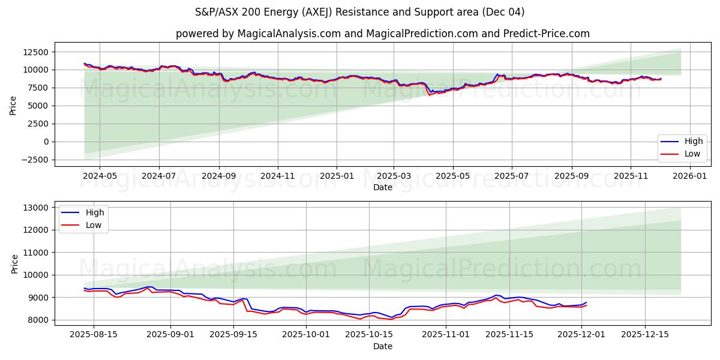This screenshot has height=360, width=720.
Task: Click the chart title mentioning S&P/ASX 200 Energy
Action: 359,12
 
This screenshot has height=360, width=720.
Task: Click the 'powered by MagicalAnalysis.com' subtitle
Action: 382,34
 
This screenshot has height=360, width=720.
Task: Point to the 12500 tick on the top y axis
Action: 37,52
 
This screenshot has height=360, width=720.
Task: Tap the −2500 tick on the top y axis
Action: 34,160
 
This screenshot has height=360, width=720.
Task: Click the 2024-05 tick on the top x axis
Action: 99,176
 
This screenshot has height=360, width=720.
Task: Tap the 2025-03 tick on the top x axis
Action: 394,176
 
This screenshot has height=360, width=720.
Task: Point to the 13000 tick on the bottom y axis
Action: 37,208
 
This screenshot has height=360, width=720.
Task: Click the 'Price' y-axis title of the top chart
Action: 13,106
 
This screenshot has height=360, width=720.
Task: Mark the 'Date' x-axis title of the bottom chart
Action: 382,346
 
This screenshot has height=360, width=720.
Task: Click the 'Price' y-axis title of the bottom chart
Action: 14,263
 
